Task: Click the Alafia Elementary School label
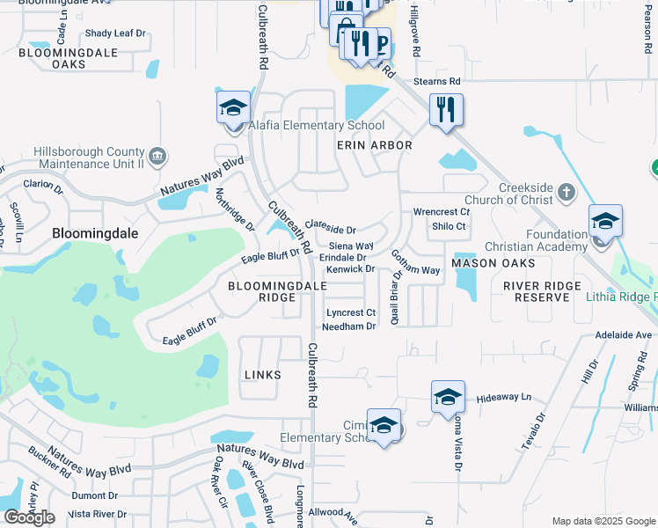317,126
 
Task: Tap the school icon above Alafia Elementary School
233,109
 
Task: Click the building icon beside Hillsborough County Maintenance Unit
157,157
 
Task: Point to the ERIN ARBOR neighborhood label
375,145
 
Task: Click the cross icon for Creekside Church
566,191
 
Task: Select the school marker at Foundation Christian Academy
605,223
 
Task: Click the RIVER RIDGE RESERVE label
542,292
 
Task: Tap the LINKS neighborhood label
262,375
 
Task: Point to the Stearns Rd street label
437,81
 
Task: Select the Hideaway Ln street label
504,398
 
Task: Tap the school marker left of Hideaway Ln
448,398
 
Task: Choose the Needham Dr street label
349,326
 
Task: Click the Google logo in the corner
30,517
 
